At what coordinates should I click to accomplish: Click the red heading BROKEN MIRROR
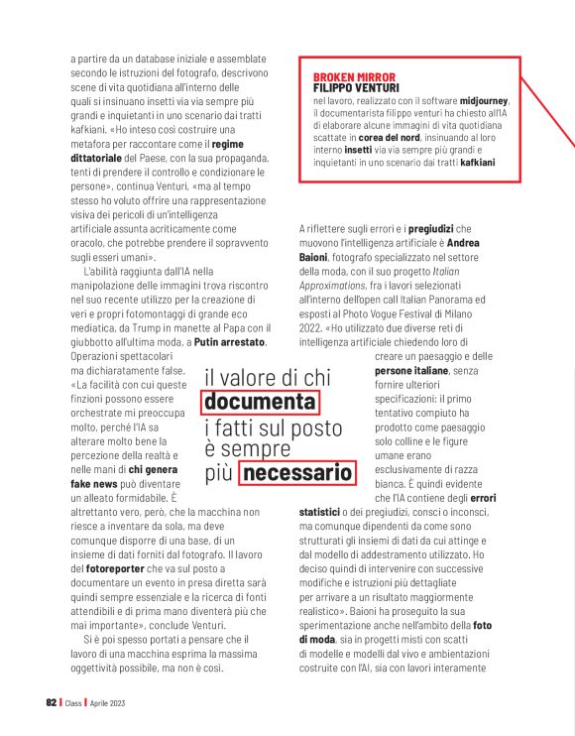354,76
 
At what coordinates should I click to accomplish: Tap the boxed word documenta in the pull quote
260,402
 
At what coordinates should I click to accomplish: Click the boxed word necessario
297,473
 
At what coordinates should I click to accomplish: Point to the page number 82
52,702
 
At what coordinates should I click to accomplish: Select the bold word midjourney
484,101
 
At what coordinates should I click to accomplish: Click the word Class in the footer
75,702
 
